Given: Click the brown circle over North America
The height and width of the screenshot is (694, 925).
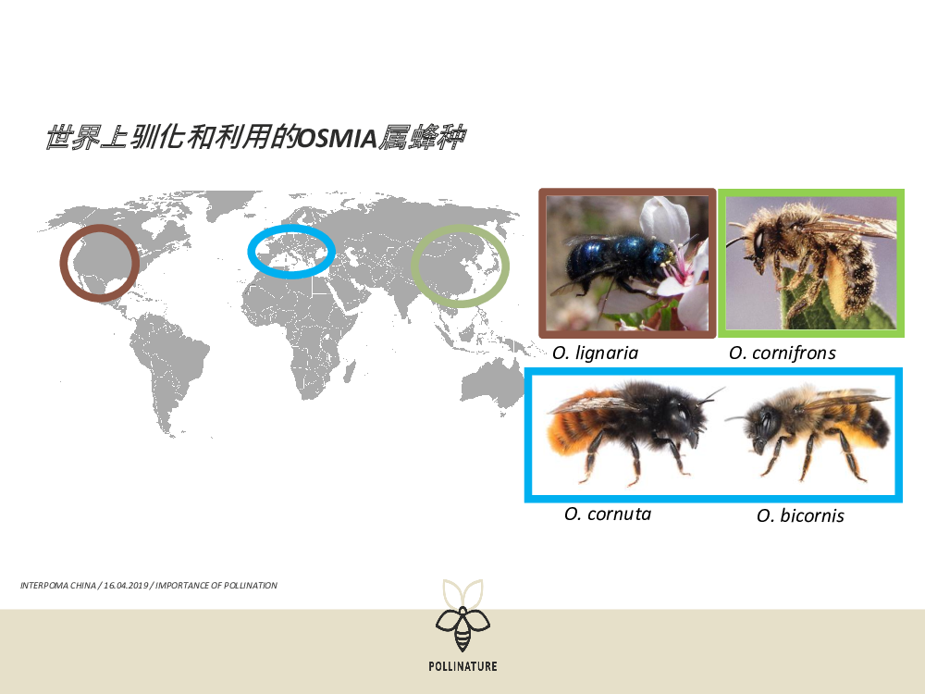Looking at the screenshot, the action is point(64,263).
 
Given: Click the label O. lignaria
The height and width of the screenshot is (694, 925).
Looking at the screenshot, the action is point(595,353).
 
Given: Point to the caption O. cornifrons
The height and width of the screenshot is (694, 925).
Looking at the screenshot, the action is point(783,353).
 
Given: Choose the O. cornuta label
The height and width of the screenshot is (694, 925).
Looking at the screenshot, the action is point(608,514).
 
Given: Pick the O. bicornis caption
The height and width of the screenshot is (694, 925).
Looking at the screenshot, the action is point(800,515).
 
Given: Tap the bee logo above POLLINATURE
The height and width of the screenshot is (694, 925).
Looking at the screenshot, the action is point(463,615).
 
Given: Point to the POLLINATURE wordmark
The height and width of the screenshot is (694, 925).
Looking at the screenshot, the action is point(463,666).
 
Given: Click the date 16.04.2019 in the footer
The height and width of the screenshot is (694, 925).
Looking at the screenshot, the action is point(126,586).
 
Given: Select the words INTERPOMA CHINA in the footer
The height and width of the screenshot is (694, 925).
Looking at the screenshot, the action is point(57,586).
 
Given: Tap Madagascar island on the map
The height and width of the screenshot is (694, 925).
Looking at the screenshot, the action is point(350,371).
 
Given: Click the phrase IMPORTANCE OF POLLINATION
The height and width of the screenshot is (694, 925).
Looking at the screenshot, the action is point(216,586).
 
